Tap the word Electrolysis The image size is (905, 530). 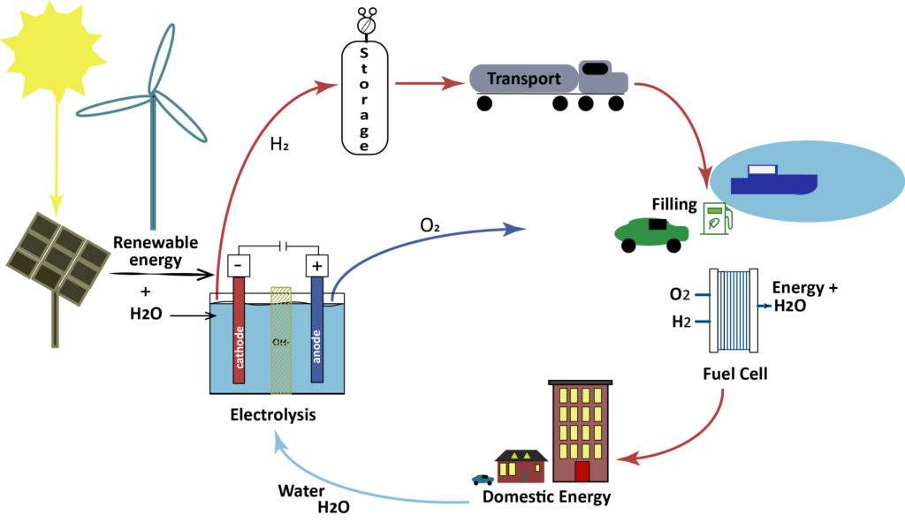click(x=272, y=413)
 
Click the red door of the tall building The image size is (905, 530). click(x=582, y=471)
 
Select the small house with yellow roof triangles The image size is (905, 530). click(x=521, y=466)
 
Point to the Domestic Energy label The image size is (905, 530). click(x=546, y=496)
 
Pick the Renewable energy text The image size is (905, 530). click(x=156, y=251)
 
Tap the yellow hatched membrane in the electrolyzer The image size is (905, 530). click(x=281, y=339)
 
